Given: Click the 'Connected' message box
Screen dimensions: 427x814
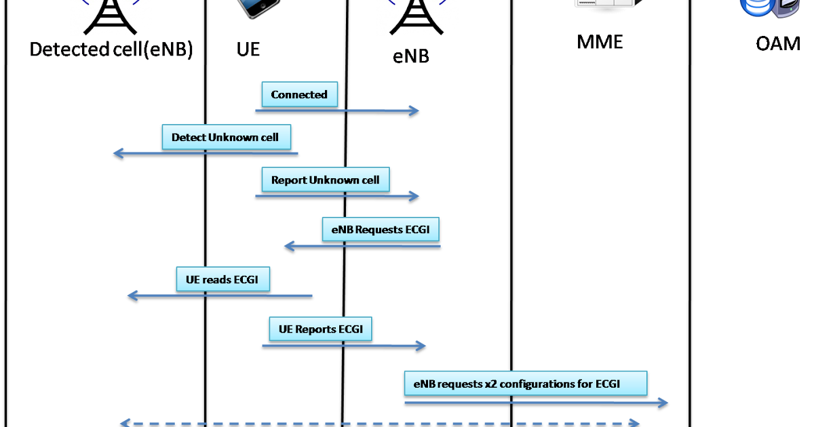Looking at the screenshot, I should [x=299, y=95].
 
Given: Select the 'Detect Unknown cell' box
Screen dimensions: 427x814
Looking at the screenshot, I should [x=226, y=137].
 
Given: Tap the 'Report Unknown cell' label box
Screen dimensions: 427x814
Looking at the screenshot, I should [x=326, y=180].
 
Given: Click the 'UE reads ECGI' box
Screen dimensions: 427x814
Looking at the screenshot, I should [x=222, y=280].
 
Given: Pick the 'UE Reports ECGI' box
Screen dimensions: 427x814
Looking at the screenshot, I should [x=320, y=329].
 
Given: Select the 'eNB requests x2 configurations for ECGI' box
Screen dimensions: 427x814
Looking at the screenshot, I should [x=526, y=384].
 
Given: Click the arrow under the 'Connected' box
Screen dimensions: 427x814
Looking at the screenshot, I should [x=337, y=110].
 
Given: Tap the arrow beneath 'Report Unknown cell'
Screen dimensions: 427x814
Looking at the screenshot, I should [x=337, y=196].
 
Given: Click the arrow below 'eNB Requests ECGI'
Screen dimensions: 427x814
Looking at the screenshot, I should [x=362, y=246].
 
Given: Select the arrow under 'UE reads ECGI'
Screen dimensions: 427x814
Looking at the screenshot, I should [x=220, y=296].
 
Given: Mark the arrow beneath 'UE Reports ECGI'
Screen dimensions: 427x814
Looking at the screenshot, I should [x=343, y=346].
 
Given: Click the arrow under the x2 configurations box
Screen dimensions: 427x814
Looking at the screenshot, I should [x=536, y=403].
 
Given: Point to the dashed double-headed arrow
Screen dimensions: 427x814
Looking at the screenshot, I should [x=380, y=423].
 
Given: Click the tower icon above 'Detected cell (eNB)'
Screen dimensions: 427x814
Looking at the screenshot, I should [x=111, y=17].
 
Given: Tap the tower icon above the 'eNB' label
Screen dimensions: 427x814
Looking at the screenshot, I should [x=417, y=17].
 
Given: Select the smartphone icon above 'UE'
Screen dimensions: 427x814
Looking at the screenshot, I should [x=259, y=8].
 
